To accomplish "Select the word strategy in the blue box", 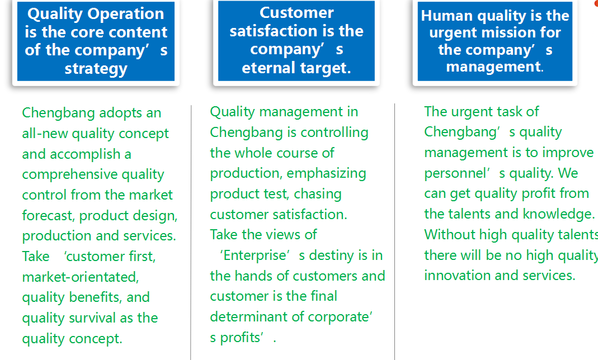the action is click(x=96, y=69).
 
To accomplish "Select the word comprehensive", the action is click(x=70, y=175).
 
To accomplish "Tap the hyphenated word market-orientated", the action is click(x=81, y=277).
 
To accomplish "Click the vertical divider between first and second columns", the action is click(x=191, y=233).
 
